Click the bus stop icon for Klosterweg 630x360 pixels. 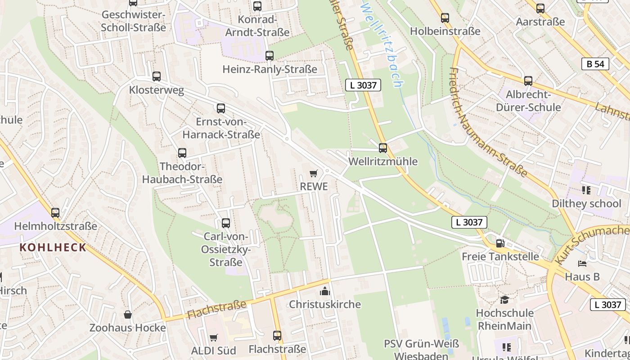(157, 76)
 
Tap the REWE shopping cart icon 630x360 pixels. (314, 173)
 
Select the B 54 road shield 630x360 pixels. (595, 64)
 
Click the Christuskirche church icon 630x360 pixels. (324, 291)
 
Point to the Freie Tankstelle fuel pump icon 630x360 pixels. (500, 243)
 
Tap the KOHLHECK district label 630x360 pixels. (53, 247)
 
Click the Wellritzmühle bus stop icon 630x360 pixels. (383, 148)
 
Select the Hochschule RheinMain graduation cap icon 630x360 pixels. (504, 300)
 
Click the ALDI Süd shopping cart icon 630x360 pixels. (214, 337)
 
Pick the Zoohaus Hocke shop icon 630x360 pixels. (128, 314)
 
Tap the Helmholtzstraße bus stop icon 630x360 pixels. (55, 212)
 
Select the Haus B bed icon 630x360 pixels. (582, 263)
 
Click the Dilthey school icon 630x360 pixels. (586, 190)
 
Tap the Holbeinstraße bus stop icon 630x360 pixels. (445, 18)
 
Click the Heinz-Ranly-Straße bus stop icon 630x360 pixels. (270, 56)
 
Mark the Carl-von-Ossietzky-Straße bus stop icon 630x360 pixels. (226, 223)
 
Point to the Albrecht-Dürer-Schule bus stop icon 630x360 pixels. (528, 81)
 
